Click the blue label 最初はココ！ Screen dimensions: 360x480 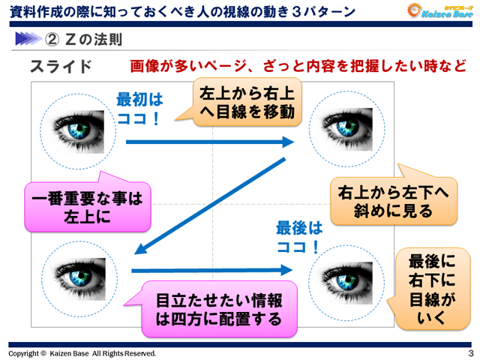[x=139, y=109]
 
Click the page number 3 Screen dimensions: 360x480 [x=469, y=352]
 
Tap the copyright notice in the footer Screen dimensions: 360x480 [x=82, y=352]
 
